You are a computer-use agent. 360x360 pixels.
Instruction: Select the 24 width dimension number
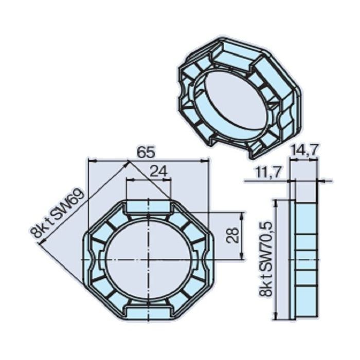[160, 172]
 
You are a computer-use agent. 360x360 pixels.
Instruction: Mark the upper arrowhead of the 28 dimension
[242, 215]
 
